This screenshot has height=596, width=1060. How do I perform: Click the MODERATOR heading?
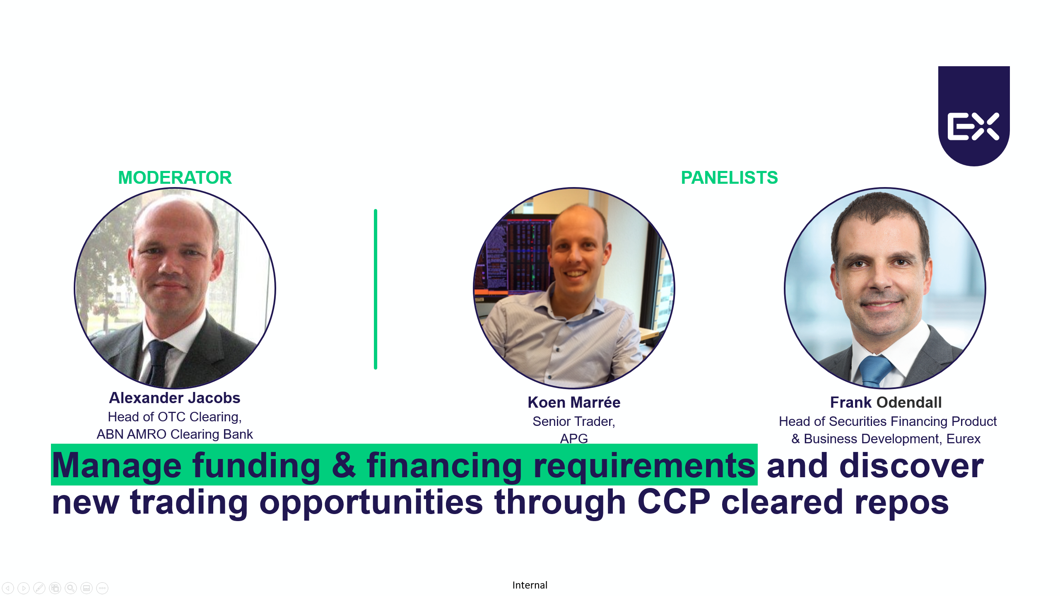tap(175, 178)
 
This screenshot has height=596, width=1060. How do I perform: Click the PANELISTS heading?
tap(729, 178)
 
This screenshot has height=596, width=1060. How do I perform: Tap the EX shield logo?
tap(974, 116)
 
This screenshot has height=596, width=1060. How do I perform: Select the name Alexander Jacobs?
tap(175, 398)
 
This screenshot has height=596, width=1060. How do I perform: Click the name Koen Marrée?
tap(574, 402)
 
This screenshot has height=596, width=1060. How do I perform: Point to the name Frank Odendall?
tap(886, 402)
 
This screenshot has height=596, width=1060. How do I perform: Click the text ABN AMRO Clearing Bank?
tap(175, 434)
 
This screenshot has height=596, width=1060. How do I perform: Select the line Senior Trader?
tap(574, 421)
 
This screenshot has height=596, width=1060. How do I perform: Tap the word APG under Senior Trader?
tap(574, 438)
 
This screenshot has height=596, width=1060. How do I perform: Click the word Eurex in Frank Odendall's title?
tap(964, 439)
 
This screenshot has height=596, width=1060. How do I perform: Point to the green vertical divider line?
tap(376, 289)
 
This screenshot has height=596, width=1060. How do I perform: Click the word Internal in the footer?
tap(530, 585)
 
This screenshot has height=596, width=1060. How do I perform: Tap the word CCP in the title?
tap(674, 502)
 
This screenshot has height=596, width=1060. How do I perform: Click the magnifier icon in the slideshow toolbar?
tap(71, 588)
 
